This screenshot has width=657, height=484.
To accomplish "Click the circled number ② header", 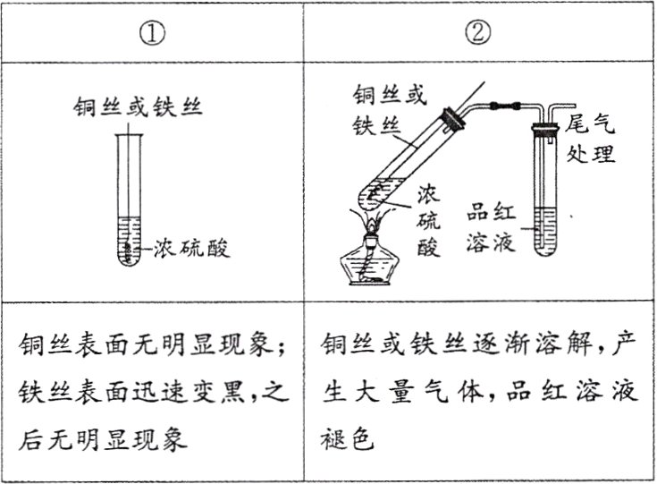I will [x=479, y=35].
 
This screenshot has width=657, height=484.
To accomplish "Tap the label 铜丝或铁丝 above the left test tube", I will [x=139, y=108].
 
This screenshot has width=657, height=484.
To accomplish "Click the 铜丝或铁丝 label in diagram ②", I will [x=386, y=108].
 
